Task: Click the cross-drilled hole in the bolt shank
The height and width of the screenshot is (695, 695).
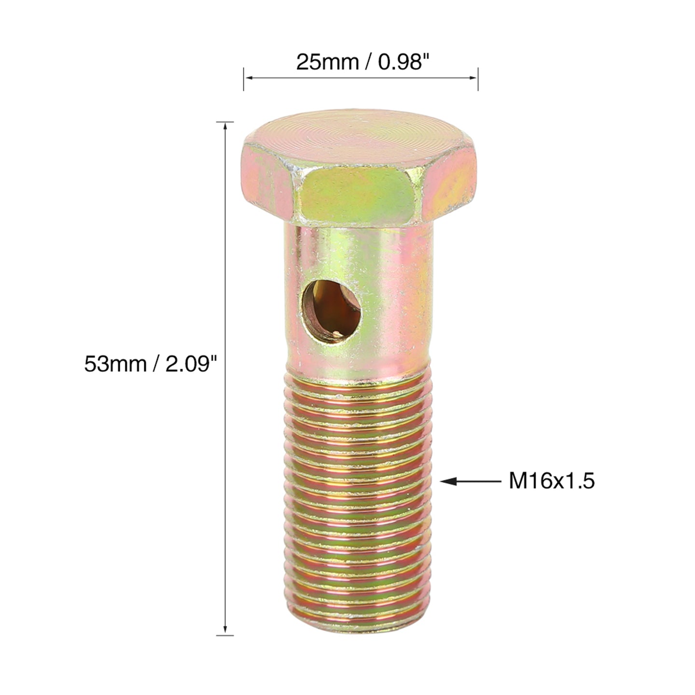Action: pyautogui.click(x=331, y=312)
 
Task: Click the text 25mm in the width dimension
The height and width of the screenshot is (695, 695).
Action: pyautogui.click(x=327, y=62)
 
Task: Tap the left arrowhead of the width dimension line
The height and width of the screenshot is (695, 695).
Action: pyautogui.click(x=248, y=78)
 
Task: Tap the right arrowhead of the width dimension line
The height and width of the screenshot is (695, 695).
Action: pyautogui.click(x=473, y=78)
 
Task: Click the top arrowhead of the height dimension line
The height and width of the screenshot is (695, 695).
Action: pyautogui.click(x=225, y=126)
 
